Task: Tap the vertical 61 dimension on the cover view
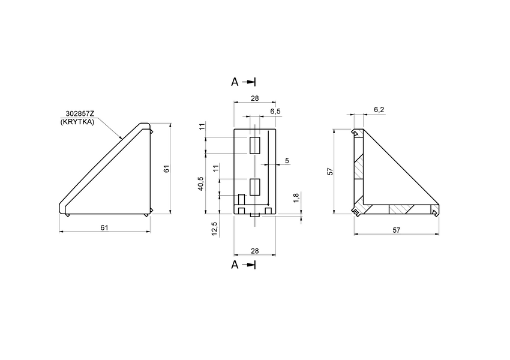167,169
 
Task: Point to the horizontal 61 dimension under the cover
104,227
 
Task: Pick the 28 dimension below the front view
254,250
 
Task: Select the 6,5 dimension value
275,112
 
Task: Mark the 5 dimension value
287,160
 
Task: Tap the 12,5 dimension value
214,229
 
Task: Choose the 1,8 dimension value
295,197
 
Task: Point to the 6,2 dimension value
379,109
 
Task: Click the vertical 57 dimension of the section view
329,172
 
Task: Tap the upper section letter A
235,82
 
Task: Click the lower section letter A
235,265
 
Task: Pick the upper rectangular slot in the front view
255,145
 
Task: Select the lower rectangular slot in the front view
255,187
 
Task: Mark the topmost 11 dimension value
202,127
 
